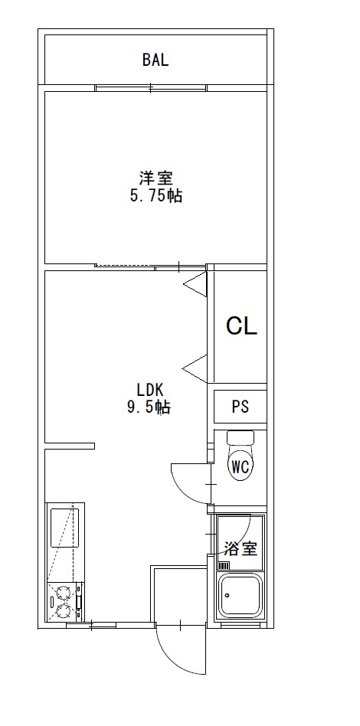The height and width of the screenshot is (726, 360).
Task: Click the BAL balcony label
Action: coord(155,60)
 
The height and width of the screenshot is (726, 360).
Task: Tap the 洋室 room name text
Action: coord(156,178)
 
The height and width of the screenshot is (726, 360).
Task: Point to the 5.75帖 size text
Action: coord(155,196)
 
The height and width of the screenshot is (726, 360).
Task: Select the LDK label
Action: coord(149,388)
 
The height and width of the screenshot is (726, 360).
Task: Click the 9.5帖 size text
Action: coord(149,407)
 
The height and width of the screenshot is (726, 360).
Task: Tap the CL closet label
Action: coord(241,326)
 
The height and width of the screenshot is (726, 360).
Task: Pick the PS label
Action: coord(241,407)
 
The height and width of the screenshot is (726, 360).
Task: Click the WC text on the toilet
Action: coord(241,467)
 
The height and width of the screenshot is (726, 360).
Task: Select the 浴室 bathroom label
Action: coord(241,548)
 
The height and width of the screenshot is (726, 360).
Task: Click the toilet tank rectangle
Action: coord(241,437)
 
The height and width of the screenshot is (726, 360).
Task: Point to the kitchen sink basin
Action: coord(64,528)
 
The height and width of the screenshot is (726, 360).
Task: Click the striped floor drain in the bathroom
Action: coord(224,565)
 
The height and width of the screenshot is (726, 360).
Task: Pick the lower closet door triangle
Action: coord(195,368)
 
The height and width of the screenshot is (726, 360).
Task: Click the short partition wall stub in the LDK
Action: coord(70,446)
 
